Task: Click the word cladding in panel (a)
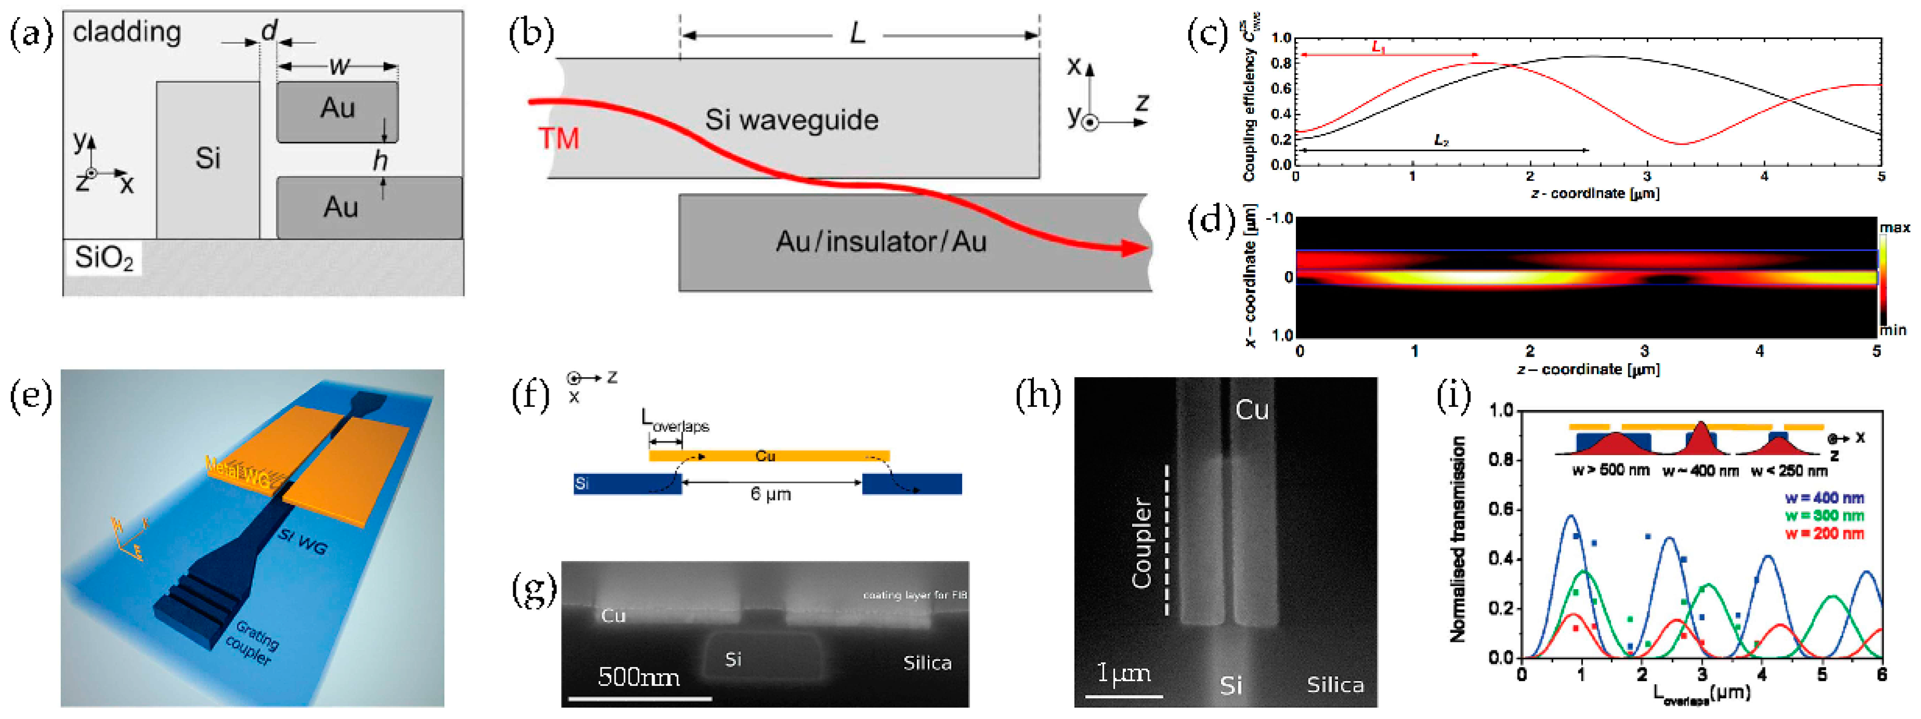pos(127,32)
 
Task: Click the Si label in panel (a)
pos(207,158)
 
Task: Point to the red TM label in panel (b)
pos(559,139)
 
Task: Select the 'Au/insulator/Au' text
pos(881,242)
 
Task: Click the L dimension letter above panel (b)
pos(858,34)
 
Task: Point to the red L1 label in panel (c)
pos(1378,47)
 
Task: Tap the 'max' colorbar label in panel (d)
pos(1894,227)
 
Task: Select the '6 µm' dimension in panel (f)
pos(770,494)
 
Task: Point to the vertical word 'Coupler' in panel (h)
pos(1141,542)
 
